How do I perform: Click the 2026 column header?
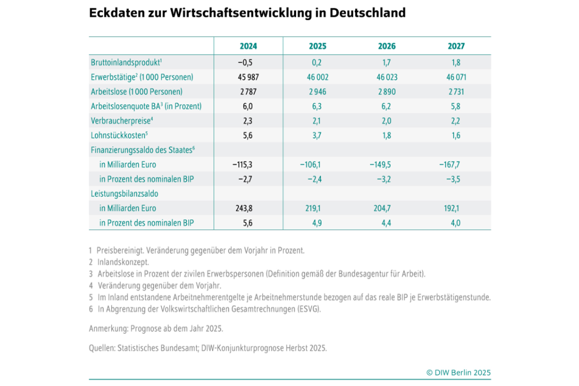[x=387, y=46]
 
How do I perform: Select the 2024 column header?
[x=248, y=46]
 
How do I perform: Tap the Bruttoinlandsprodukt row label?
[x=126, y=63]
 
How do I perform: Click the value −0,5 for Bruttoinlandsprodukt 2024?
[x=245, y=63]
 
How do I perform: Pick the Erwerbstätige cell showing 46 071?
[x=456, y=77]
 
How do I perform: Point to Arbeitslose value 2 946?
[x=317, y=92]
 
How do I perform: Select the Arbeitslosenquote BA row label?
[x=146, y=106]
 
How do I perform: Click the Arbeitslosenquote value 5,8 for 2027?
[x=455, y=106]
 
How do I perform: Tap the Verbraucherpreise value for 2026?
[x=386, y=121]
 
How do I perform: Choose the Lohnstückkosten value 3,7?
[x=317, y=136]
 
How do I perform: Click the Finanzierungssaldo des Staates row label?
[x=142, y=150]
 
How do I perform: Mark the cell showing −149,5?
[x=380, y=165]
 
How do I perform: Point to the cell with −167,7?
[x=449, y=165]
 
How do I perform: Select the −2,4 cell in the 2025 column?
[x=314, y=179]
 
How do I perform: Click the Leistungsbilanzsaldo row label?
[x=124, y=194]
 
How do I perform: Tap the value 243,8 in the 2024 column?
[x=244, y=208]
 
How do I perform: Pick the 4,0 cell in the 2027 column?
[x=455, y=223]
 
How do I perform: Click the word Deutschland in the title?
[x=367, y=13]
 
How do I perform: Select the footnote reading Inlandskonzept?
[x=123, y=262]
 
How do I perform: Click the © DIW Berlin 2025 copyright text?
[x=458, y=373]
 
